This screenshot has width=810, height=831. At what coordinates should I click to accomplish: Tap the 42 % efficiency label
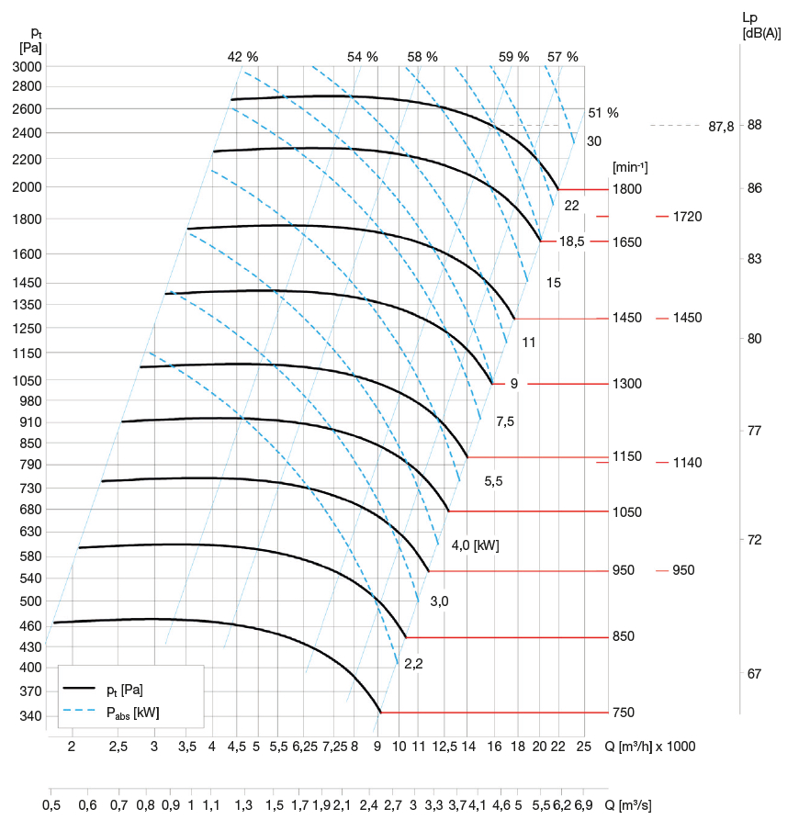pos(243,57)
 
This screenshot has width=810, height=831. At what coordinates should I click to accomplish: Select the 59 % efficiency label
pos(514,57)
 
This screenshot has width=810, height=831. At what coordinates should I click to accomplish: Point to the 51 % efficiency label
pos(603,113)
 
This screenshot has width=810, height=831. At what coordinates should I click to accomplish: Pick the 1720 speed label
pos(687,217)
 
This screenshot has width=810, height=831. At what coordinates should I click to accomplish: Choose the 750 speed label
pos(624,713)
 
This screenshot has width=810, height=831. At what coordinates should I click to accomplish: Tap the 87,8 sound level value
pos(722,127)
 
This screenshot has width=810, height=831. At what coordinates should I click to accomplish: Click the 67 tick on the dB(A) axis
pos(754,674)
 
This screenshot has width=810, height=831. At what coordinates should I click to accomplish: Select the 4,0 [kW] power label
pos(475,545)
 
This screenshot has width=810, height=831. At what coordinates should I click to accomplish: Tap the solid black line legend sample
pos(80,688)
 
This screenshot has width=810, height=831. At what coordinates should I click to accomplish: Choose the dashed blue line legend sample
pos(80,711)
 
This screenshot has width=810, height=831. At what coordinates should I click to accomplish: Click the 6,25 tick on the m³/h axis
pos(305,747)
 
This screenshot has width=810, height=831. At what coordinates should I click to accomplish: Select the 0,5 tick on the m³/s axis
pos(51,805)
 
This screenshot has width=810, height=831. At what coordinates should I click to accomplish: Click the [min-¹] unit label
pos(630,167)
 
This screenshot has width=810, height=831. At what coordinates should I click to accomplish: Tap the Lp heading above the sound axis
pos(749,17)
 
